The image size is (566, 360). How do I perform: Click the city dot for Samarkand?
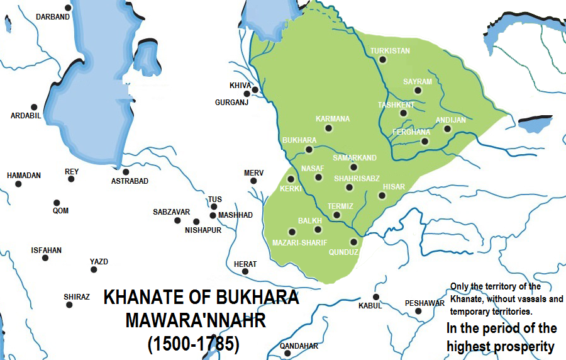(x=353, y=167)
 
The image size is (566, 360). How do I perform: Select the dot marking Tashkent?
(x=403, y=113)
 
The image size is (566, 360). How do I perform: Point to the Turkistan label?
(x=390, y=50)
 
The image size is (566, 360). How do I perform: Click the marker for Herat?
(x=245, y=272)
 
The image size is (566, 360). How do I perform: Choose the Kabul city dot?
(x=376, y=297)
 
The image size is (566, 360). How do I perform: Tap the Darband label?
(x=52, y=17)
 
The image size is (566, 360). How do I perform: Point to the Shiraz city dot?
(x=69, y=305)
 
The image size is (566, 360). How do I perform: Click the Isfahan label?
(x=47, y=250)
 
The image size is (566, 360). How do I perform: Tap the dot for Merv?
(x=253, y=181)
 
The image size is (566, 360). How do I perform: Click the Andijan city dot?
(x=447, y=129)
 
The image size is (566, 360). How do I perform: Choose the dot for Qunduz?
(x=353, y=242)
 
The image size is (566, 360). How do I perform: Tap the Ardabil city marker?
(x=34, y=107)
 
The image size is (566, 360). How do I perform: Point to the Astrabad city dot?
(x=126, y=172)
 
